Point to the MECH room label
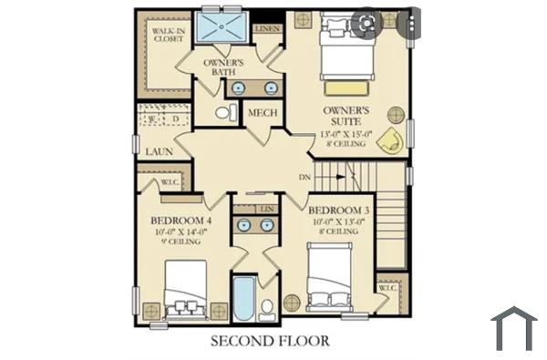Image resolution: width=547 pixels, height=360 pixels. click(x=263, y=113)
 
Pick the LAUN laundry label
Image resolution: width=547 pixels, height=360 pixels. click(x=159, y=152)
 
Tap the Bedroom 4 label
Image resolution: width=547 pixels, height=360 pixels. click(x=181, y=221)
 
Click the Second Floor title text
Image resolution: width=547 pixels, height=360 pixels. click(x=270, y=342)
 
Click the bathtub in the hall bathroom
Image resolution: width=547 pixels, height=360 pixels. click(x=243, y=298)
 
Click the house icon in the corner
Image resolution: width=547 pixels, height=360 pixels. click(x=513, y=329)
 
